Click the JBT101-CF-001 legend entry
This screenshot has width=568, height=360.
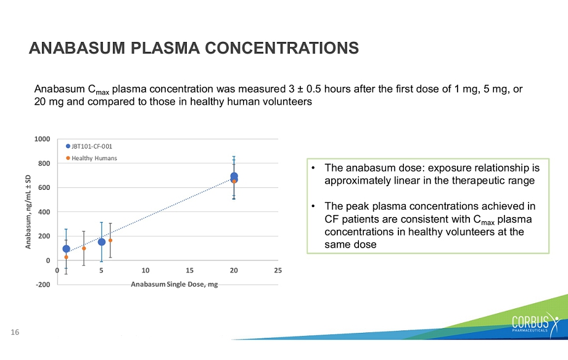click(89, 146)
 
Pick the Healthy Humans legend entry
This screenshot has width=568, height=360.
click(91, 158)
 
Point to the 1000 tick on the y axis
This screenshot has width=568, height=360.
click(43, 139)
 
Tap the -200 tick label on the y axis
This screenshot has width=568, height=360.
click(43, 285)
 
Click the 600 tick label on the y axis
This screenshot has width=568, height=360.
click(44, 187)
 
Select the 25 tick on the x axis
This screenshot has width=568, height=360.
click(278, 271)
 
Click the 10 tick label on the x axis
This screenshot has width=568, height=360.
click(146, 271)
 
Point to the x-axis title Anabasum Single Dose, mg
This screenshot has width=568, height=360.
click(175, 284)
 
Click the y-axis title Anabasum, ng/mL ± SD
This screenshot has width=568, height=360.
click(28, 212)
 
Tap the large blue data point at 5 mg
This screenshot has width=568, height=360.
click(102, 242)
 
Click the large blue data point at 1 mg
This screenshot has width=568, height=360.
click(66, 249)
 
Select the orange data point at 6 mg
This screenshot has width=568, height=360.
click(110, 240)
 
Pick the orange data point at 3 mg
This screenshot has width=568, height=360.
click(84, 248)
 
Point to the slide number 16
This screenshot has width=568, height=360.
click(15, 332)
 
